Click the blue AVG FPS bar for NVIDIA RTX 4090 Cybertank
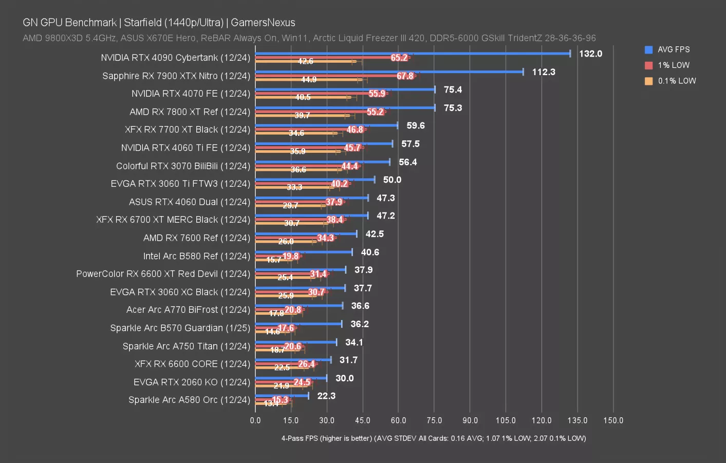411,53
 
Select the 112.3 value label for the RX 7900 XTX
544,72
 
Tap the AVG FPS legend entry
673,49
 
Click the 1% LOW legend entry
673,65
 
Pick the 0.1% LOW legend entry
676,81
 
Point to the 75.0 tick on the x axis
434,420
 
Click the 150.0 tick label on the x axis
613,420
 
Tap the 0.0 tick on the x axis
255,420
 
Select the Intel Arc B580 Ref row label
197,256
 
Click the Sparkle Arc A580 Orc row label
189,400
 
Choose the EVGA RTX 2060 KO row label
192,382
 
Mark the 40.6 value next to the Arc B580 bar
370,252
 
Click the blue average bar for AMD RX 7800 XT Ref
344,108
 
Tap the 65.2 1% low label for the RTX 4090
399,58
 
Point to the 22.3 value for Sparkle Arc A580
326,396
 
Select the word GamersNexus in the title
263,23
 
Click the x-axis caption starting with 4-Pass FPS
433,438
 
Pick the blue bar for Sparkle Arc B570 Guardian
298,324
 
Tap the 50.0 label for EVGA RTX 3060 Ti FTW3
392,180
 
